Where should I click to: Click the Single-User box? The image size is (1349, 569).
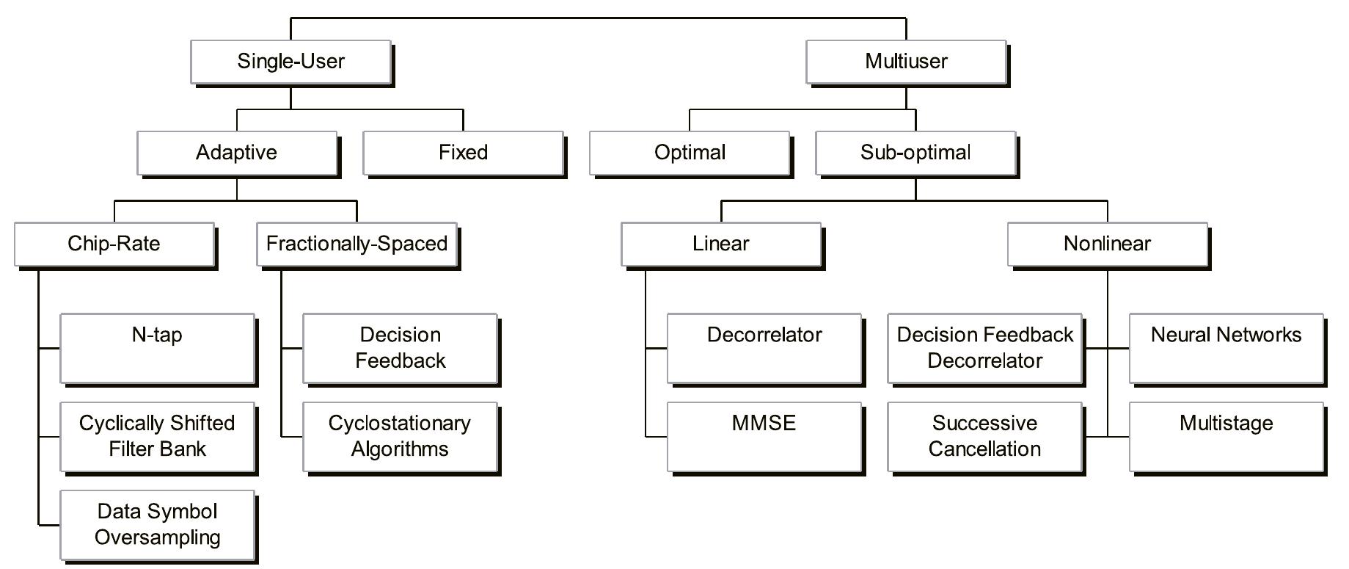(290, 62)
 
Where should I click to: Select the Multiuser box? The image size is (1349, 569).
(906, 62)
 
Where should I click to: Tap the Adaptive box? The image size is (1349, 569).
(237, 153)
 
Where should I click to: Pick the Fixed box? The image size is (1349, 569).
(463, 153)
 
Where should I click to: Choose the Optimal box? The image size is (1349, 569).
(690, 153)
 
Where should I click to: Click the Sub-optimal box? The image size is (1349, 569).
(915, 153)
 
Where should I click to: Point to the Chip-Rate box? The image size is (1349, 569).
(114, 244)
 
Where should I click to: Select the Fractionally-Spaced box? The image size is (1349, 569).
(357, 244)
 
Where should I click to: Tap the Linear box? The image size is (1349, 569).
(720, 244)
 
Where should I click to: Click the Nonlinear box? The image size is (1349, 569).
(1107, 244)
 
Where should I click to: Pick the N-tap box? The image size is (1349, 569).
(157, 348)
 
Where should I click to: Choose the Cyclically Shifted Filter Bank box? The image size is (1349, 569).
(157, 436)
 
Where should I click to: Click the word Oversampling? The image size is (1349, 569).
(157, 537)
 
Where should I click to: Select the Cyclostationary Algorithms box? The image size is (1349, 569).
(400, 436)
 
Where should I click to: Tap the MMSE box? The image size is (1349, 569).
(764, 436)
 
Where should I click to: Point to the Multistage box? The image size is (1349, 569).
(1226, 436)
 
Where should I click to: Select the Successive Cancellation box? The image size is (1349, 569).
(984, 436)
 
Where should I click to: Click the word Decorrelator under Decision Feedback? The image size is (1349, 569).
(984, 361)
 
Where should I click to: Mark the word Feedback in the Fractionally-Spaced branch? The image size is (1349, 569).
(400, 361)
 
